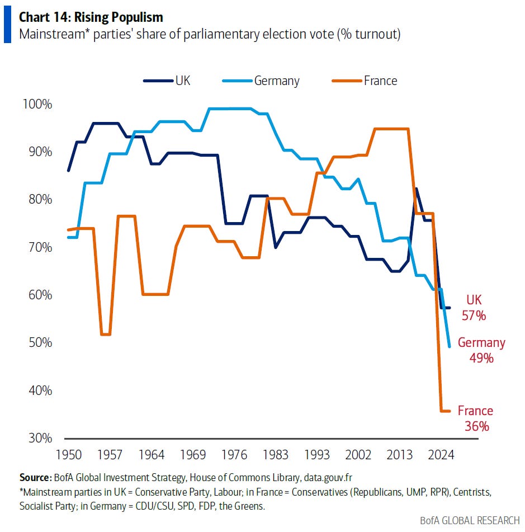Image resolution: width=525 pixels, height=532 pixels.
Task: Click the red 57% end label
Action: click(474, 316)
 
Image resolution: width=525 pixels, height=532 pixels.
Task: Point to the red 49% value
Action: click(481, 358)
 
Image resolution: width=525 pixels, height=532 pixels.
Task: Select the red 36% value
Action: click(476, 426)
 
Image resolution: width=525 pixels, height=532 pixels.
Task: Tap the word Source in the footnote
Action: click(36, 478)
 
